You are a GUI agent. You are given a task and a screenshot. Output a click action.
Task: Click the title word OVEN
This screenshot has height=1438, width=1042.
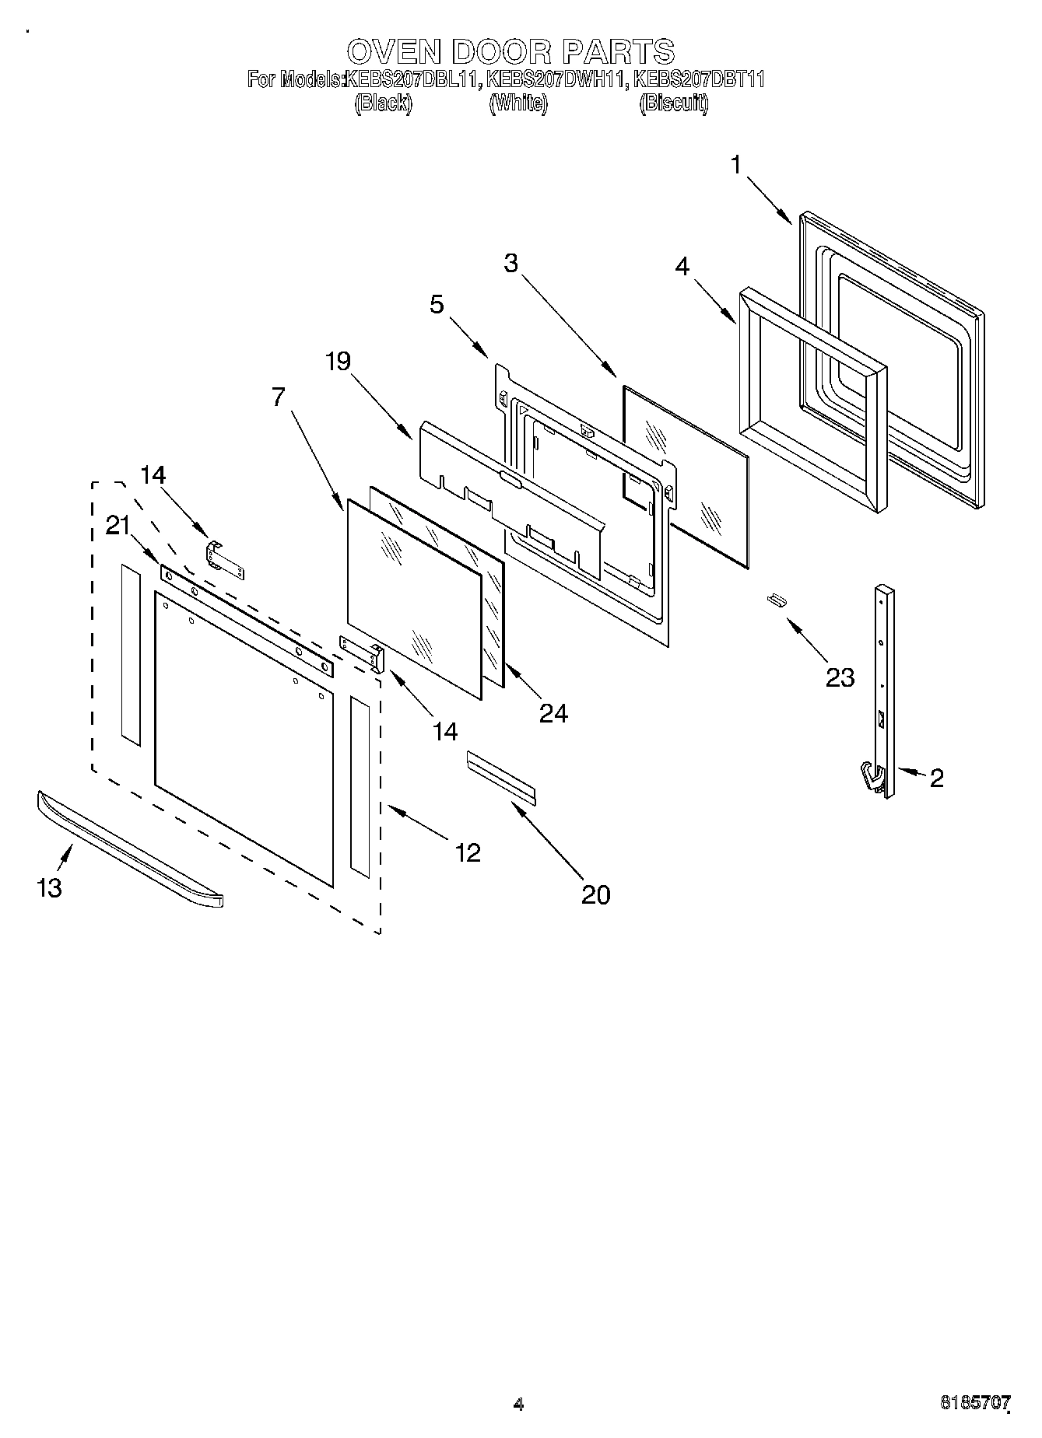coord(395,51)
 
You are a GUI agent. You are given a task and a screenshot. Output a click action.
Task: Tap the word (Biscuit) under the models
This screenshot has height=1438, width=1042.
coord(673,103)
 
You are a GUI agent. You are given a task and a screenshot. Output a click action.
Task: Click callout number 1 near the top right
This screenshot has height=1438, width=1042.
coord(736,165)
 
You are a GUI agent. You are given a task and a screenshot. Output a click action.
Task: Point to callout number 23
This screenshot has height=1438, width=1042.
coord(840,677)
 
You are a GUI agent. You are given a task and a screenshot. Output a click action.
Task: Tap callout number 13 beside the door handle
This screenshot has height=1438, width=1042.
coord(49,887)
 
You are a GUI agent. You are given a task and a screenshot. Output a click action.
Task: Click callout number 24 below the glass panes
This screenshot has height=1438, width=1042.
coord(553,712)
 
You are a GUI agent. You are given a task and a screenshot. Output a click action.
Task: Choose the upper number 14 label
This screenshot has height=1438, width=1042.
coord(153,474)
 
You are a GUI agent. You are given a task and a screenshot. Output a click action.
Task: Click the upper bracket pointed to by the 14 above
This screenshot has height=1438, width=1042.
coord(225,559)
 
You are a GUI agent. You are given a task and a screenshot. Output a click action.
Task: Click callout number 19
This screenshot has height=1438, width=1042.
coord(338,361)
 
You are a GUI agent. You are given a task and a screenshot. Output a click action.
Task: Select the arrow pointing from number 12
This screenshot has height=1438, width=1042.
coord(416,823)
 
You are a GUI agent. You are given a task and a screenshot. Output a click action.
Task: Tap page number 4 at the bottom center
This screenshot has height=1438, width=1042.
coord(518,1404)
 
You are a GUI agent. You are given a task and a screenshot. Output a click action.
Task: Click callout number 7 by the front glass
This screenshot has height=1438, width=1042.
coord(278,397)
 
